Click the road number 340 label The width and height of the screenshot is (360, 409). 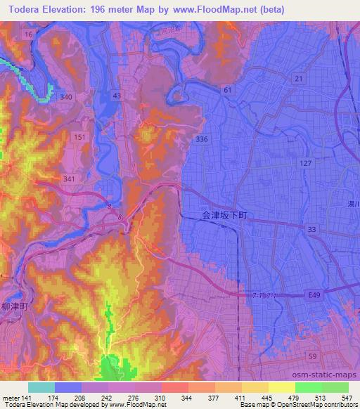[66, 96]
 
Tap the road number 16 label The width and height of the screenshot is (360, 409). [29, 34]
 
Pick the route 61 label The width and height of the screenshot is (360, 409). [227, 90]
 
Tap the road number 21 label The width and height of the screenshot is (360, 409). [300, 79]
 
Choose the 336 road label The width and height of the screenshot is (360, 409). [202, 139]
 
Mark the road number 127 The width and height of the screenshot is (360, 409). [306, 162]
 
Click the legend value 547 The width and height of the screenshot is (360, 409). [344, 397]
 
